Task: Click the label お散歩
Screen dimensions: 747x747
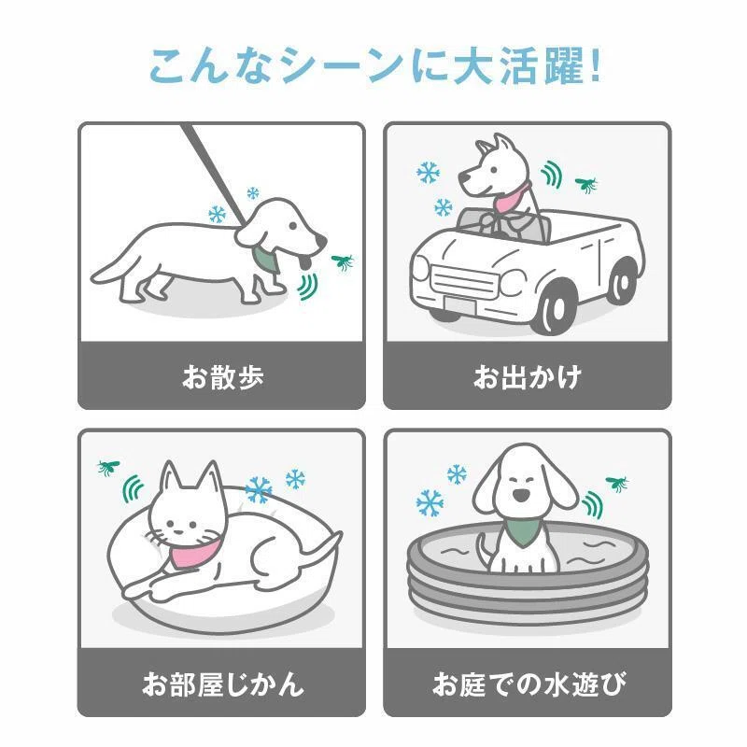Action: pos(223,377)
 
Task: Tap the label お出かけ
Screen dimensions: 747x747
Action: pos(528,377)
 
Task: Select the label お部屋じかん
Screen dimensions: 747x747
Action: pos(223,684)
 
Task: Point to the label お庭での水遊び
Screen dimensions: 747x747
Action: pos(529,684)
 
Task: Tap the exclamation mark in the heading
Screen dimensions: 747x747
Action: pos(594,65)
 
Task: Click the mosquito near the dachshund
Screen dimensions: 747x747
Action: pos(343,261)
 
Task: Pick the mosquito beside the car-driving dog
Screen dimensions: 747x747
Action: pos(586,184)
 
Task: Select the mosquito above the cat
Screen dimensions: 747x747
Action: pos(108,467)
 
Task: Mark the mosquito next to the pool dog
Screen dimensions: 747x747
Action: pos(617,484)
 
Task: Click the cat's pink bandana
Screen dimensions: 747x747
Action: pos(193,553)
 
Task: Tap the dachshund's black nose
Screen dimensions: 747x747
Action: pos(322,240)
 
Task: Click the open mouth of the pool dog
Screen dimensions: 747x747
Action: pos(521,496)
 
